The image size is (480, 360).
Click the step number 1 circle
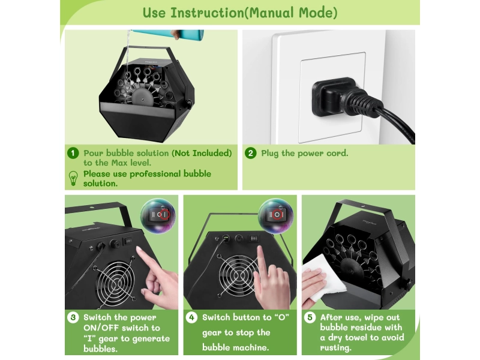tap(73, 153)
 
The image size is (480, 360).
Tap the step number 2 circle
tap(250, 153)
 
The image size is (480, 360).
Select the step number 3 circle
tap(73, 317)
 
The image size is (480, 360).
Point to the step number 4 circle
tap(191, 317)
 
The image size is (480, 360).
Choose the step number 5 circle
tap(310, 317)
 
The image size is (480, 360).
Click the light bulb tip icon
tap(73, 178)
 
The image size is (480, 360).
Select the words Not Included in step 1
tap(202, 153)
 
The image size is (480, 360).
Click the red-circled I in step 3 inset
tap(164, 215)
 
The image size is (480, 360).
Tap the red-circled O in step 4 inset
tap(277, 215)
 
